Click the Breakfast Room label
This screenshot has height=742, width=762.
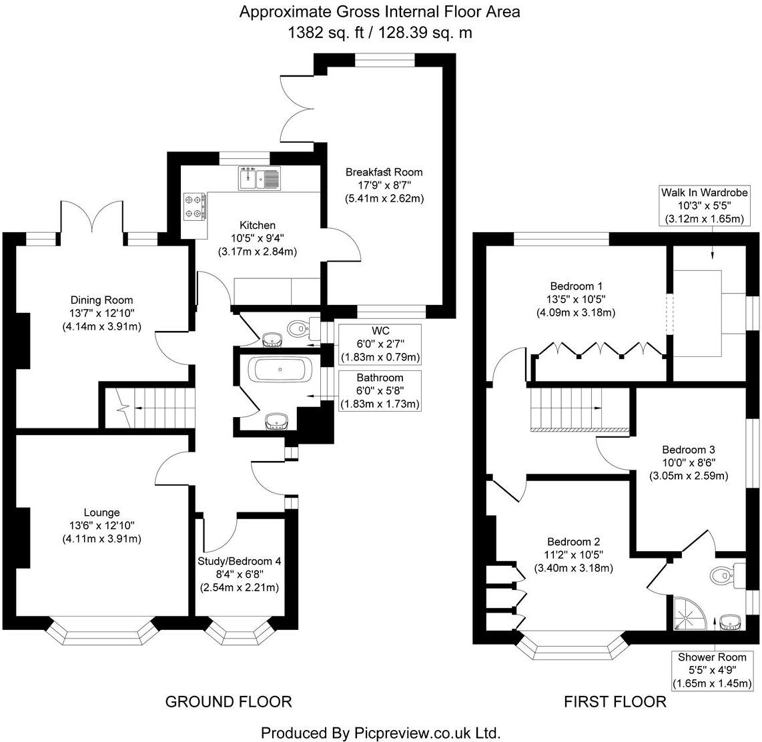(x=384, y=172)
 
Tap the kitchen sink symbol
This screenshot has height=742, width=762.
(x=260, y=177)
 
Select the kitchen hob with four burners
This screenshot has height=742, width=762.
(x=194, y=206)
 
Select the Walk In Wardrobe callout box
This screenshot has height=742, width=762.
(x=704, y=206)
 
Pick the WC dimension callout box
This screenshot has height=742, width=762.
(x=380, y=344)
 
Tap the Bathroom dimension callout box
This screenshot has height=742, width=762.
(x=380, y=391)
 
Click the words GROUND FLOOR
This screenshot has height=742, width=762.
(x=228, y=701)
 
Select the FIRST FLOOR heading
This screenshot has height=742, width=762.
(x=615, y=701)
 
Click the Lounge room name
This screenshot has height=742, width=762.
(x=101, y=512)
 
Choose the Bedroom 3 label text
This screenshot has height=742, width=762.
(x=689, y=450)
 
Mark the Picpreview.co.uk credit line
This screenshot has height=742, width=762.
(x=380, y=733)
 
